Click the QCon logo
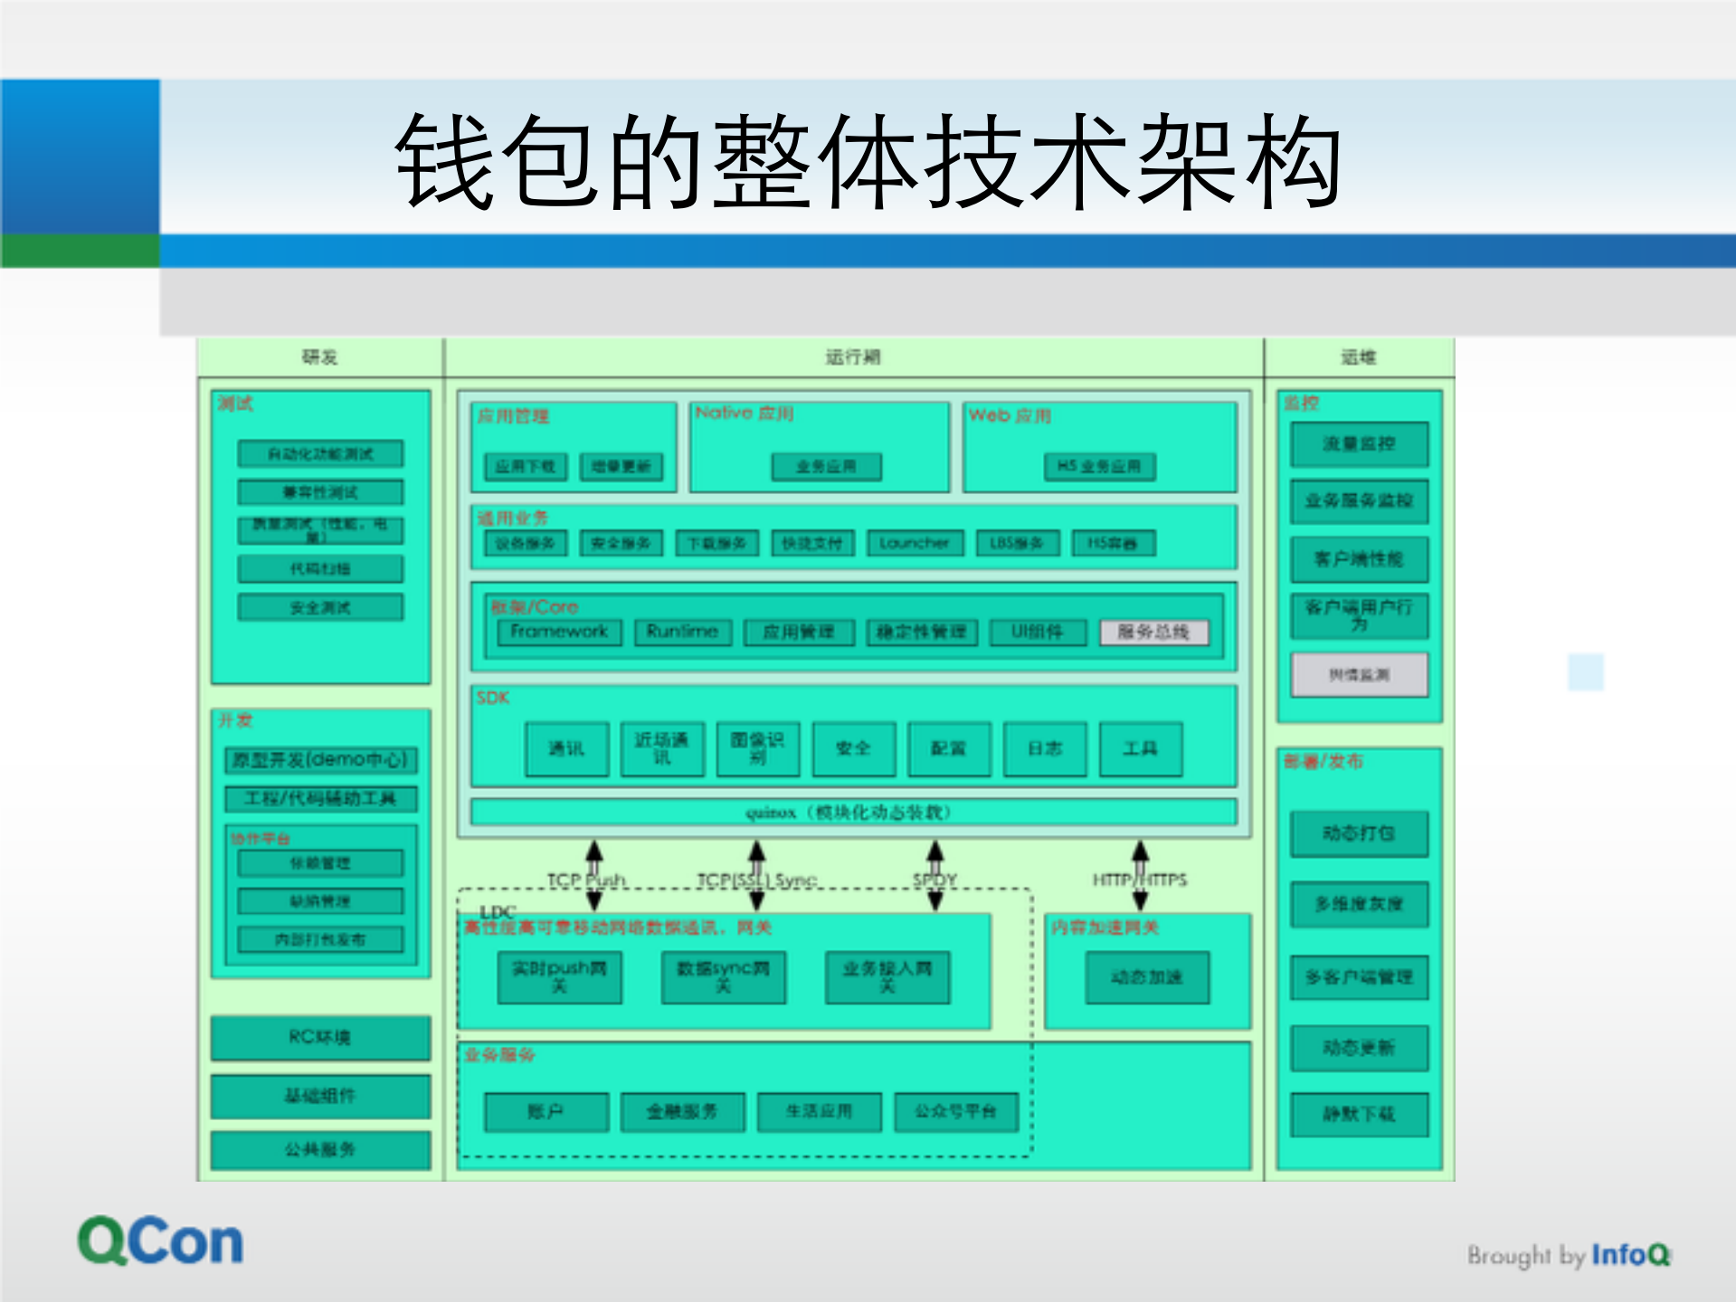(160, 1240)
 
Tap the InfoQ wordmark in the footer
(1630, 1255)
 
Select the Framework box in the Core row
(559, 632)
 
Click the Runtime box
(682, 632)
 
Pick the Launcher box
(915, 543)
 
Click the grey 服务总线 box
(1153, 632)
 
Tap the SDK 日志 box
(1045, 748)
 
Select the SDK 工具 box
(1140, 748)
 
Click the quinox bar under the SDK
(853, 812)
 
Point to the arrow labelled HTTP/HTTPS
(1141, 874)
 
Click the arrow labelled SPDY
(935, 874)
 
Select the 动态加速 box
(1147, 977)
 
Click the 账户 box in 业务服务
(546, 1112)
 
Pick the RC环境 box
(320, 1037)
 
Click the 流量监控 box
(1359, 443)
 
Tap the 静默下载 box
(1359, 1114)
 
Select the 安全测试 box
(320, 607)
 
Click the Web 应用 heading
(1010, 415)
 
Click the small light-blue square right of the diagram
(1585, 672)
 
